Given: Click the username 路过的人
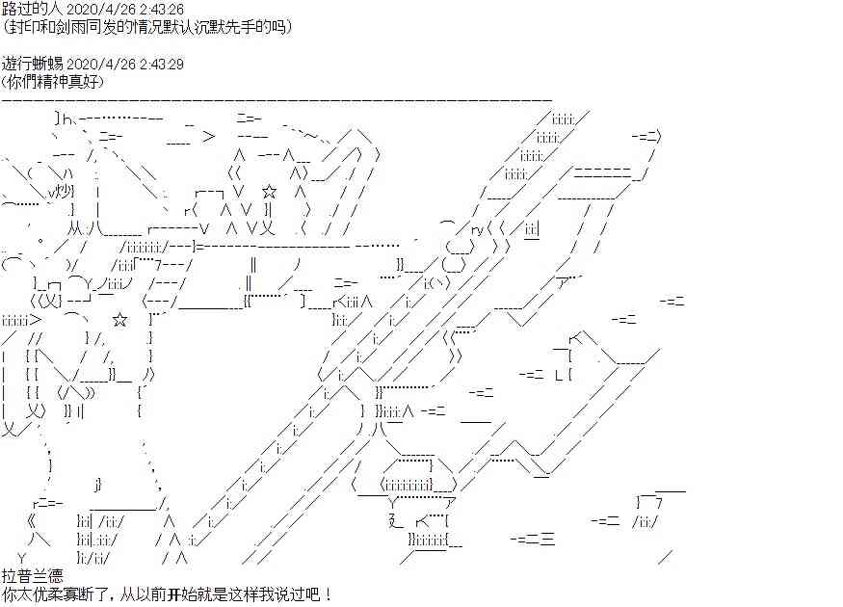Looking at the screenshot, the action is point(32,9).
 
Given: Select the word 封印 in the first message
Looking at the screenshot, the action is point(25,27).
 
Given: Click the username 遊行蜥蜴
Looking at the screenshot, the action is point(32,64).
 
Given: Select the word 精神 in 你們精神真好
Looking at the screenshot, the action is point(56,82).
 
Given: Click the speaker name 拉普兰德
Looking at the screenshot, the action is point(32,576).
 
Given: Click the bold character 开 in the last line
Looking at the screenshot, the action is point(173,594).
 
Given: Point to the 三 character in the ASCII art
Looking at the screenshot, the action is point(547,538).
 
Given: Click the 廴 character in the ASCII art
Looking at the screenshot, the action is point(395,520).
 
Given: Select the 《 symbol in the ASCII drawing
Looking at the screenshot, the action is point(32,520).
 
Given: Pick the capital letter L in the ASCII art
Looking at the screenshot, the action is point(558,375).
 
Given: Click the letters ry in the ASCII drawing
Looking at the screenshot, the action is point(477,230).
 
